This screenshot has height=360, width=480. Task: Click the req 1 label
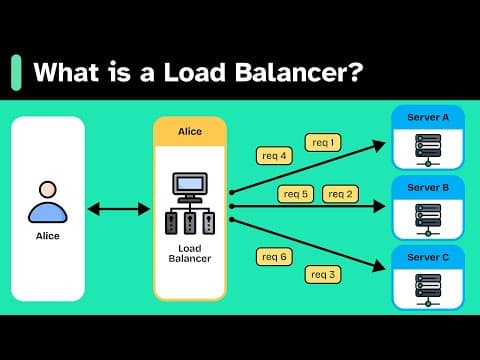tap(323, 142)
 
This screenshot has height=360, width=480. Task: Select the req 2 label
tap(341, 193)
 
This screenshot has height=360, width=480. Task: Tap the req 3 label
tap(323, 274)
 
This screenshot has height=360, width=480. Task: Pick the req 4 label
tap(275, 155)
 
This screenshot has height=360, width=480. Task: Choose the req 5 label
tap(297, 193)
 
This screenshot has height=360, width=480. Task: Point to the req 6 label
tap(275, 257)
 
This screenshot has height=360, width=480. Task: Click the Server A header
tap(427, 118)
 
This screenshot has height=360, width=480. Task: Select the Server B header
tap(427, 186)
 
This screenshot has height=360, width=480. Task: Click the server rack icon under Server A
tap(427, 149)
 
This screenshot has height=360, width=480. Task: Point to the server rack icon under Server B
tap(427, 218)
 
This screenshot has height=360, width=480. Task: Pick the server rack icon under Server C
tap(427, 287)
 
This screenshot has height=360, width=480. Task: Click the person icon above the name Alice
tap(47, 201)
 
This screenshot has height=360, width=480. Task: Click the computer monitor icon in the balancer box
tap(190, 186)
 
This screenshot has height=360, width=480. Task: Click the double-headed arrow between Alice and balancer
tap(119, 209)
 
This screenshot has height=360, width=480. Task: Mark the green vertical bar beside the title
tap(16, 73)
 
